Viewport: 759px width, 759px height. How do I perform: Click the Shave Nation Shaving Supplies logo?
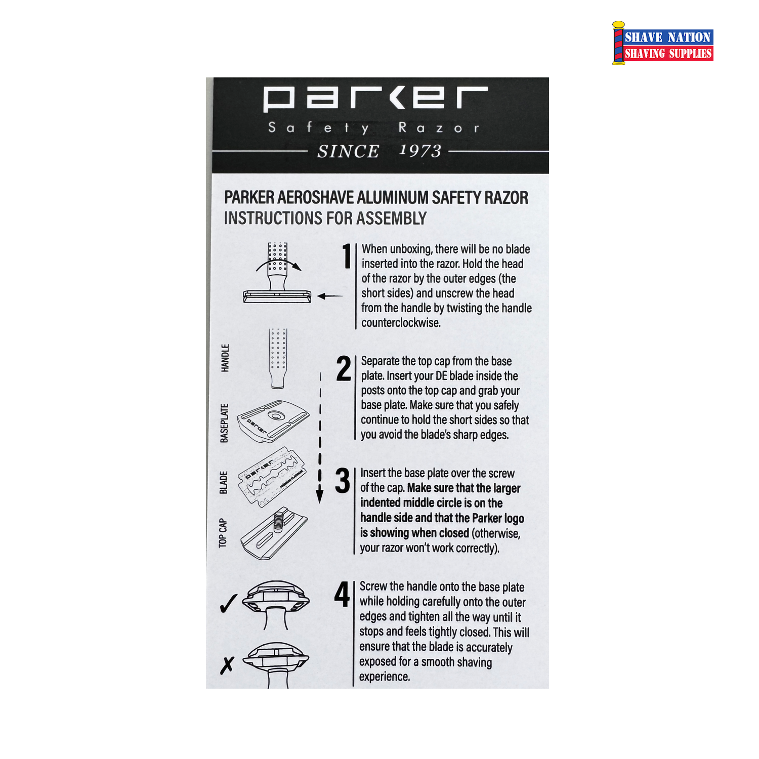point(663,43)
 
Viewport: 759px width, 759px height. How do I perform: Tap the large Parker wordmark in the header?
point(375,99)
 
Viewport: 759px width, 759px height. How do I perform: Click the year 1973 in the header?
point(420,151)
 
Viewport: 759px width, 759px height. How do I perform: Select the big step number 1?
point(347,256)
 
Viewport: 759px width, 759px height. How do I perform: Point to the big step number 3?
point(343,480)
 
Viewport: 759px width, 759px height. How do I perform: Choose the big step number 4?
point(342,594)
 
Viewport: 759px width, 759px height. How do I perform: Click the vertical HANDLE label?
point(225,358)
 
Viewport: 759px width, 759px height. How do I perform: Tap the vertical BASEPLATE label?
point(224,423)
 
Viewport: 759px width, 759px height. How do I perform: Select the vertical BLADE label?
point(224,482)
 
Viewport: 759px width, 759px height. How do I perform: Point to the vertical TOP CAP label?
point(223,533)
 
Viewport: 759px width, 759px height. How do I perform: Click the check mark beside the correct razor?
point(229,603)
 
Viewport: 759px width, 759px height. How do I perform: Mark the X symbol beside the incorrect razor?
point(227,665)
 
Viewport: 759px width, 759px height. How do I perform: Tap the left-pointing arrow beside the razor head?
point(330,296)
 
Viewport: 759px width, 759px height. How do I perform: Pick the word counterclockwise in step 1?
point(401,323)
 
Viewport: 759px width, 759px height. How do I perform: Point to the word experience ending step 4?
point(385,677)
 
